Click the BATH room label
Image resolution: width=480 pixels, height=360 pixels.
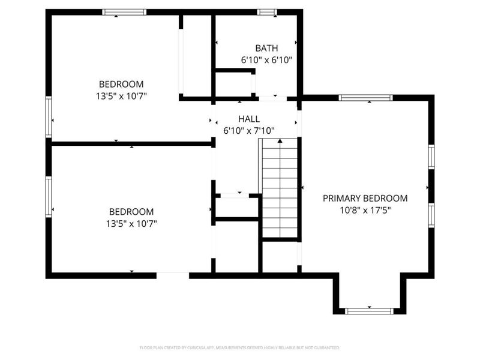(x=266, y=48)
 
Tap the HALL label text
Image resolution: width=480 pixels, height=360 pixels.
(x=249, y=119)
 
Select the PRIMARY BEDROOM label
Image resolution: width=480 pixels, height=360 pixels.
(x=365, y=198)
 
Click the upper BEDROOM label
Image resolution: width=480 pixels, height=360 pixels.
(x=121, y=84)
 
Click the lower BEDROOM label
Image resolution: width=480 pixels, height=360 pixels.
(x=131, y=212)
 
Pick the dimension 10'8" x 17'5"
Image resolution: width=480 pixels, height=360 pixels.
(x=365, y=209)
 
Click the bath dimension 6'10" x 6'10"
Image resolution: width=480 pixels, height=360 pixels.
(x=266, y=60)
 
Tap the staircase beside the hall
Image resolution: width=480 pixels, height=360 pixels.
(x=280, y=189)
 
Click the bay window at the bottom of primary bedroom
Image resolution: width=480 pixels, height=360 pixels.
(x=369, y=311)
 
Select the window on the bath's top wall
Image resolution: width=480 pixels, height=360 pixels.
(x=266, y=12)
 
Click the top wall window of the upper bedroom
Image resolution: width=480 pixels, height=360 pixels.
(x=124, y=12)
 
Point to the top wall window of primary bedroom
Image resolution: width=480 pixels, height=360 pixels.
(x=365, y=98)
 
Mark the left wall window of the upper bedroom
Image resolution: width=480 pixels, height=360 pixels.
(x=49, y=117)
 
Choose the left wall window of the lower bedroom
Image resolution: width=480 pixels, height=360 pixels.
(x=49, y=196)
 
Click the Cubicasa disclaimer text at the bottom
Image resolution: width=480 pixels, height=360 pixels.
(x=240, y=347)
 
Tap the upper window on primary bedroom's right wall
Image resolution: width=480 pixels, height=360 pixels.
(x=431, y=156)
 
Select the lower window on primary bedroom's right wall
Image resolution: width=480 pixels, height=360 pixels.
(x=431, y=214)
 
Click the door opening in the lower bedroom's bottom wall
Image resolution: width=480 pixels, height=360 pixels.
(x=173, y=275)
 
